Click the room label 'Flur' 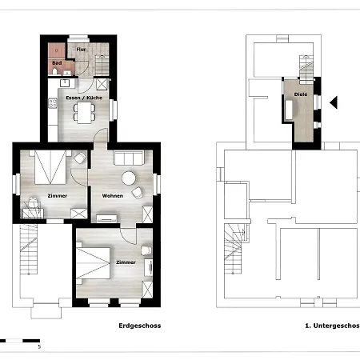click(81, 49)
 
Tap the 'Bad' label click(57, 62)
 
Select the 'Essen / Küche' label click(82, 98)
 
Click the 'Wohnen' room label click(111, 195)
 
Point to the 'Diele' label click(301, 94)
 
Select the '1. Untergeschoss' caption click(331, 326)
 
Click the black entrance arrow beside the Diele click(336, 102)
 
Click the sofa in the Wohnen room click(129, 158)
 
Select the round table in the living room click(129, 178)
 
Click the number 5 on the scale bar click(38, 346)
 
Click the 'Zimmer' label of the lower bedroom click(125, 262)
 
